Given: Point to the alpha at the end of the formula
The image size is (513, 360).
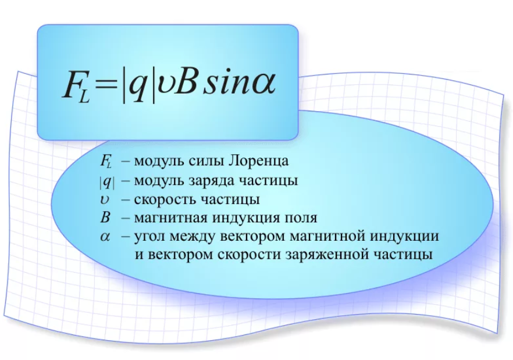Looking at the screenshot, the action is click(x=263, y=85).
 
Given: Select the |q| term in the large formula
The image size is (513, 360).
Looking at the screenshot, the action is click(x=138, y=85).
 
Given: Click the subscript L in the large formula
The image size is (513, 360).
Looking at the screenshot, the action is click(x=84, y=97).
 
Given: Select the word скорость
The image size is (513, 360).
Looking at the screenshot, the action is click(x=165, y=199).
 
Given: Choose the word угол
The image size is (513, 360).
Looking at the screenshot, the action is click(x=150, y=236).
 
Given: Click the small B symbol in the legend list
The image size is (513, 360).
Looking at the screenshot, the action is click(x=105, y=218).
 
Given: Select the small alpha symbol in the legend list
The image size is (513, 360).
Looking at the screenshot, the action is click(x=105, y=237).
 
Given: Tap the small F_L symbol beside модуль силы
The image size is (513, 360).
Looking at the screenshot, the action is click(x=106, y=162).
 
